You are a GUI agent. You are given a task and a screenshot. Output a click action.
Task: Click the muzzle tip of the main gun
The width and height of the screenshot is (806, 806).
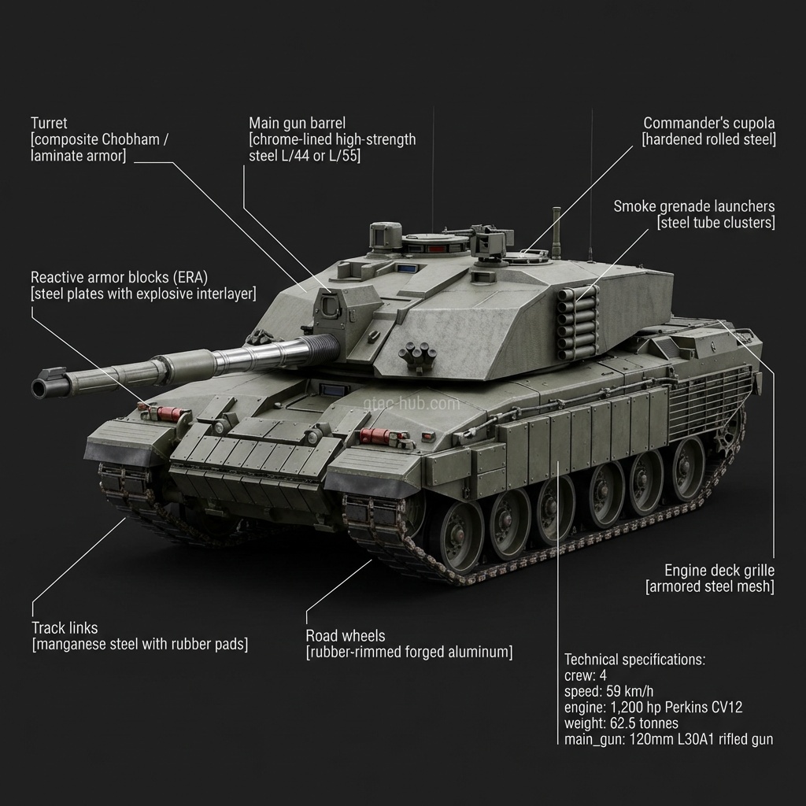(x=40, y=387)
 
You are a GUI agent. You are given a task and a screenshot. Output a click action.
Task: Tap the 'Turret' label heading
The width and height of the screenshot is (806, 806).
(x=49, y=124)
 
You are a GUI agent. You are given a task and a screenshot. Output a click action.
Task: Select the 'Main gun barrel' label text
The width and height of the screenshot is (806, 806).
(x=297, y=124)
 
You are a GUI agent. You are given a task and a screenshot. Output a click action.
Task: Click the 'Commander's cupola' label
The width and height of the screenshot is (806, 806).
(x=708, y=124)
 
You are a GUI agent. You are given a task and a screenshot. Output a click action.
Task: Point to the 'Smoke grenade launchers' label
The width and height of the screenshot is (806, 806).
(x=693, y=206)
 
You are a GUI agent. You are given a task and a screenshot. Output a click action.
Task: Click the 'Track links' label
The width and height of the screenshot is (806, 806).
(x=65, y=628)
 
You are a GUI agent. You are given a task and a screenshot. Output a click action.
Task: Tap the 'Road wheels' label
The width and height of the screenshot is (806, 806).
(x=345, y=636)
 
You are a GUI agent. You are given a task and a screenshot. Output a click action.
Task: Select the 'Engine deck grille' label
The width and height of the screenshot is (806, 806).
(x=719, y=571)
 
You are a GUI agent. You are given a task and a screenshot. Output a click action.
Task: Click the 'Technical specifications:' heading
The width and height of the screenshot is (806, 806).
(x=634, y=660)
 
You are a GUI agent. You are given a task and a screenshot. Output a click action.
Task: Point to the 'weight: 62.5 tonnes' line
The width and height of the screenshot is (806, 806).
(x=621, y=723)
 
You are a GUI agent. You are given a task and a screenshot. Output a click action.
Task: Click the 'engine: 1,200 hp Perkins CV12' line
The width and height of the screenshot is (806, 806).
(x=653, y=708)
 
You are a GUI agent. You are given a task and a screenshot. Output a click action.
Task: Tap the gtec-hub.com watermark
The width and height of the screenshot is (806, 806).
(x=411, y=404)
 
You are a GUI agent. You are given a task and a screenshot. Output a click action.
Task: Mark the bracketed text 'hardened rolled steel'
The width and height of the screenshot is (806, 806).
(x=708, y=140)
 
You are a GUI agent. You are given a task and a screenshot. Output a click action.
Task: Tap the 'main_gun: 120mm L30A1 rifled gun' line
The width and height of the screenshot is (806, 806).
(x=668, y=739)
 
